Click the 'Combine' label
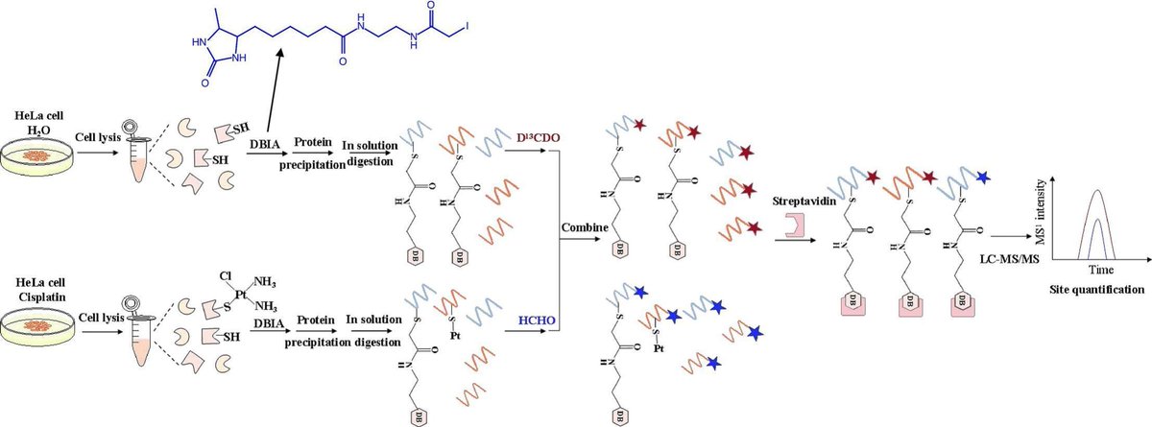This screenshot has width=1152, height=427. (x=583, y=227)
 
